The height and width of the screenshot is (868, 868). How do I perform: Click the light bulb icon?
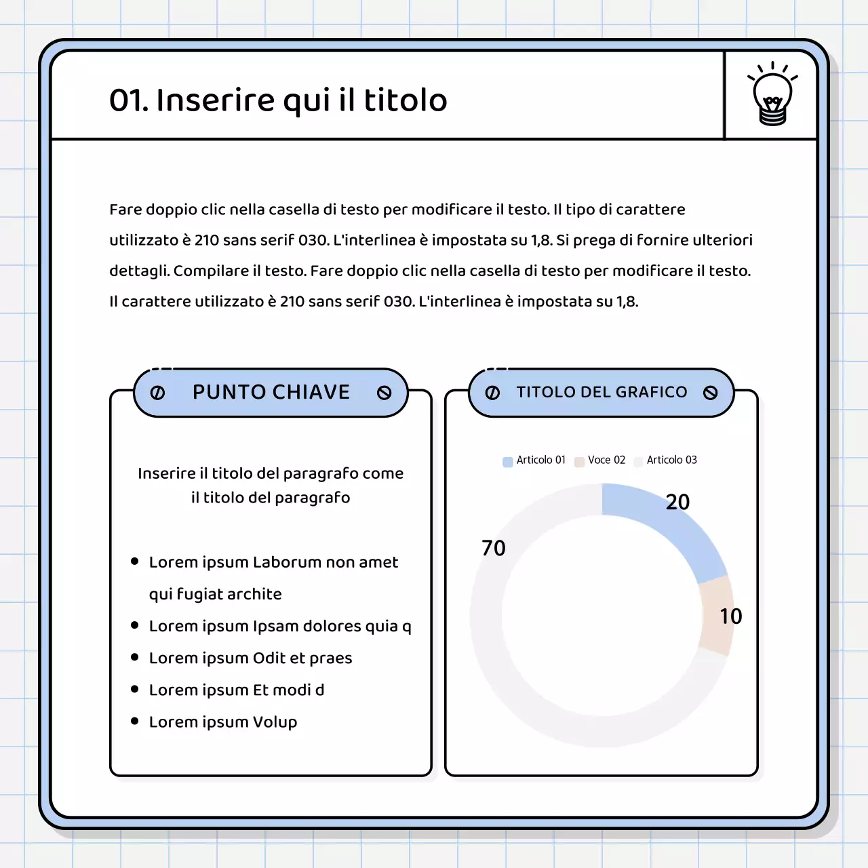coord(772,94)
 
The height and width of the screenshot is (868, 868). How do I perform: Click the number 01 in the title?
coord(129,100)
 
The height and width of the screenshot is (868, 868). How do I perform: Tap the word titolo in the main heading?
coord(406,100)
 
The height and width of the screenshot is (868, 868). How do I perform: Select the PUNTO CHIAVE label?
coord(271,392)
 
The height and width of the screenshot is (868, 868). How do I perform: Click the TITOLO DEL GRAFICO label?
coord(601,392)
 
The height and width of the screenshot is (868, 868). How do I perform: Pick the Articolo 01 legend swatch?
coord(508,462)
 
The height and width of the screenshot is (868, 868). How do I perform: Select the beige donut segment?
coord(716,615)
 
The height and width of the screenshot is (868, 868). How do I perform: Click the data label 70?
coord(494,548)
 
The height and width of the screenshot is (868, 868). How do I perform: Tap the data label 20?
coord(677,502)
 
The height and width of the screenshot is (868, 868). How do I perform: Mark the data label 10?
coord(730,616)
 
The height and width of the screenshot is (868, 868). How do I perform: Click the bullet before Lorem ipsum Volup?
coord(134,721)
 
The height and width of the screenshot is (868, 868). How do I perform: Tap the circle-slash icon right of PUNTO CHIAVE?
coord(384,393)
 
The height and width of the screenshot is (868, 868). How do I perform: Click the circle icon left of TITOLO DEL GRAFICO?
coord(492,393)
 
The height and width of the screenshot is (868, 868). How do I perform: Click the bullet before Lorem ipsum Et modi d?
coord(134,689)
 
